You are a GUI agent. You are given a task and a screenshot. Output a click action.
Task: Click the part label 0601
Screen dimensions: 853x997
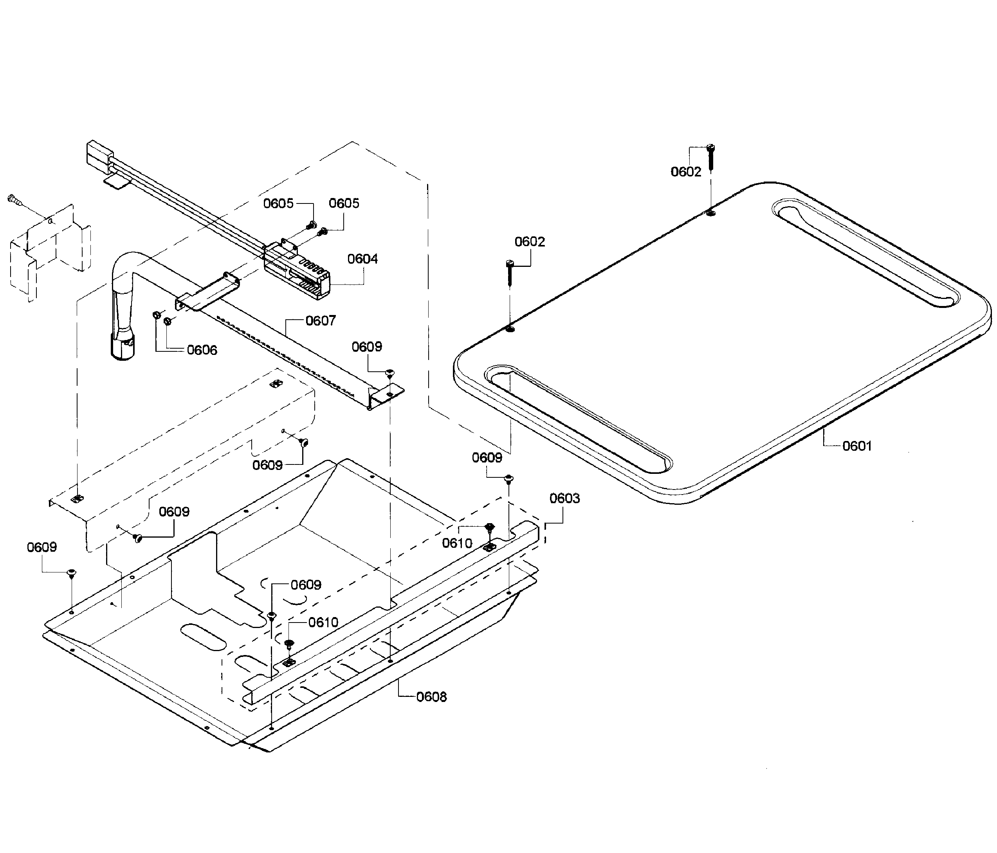point(857,446)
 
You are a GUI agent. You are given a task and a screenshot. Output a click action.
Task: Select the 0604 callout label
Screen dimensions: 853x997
point(362,259)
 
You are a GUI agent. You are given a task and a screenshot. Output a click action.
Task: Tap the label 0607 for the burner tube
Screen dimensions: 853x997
point(321,320)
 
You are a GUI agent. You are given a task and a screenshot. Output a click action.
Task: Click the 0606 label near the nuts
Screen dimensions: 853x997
point(202,350)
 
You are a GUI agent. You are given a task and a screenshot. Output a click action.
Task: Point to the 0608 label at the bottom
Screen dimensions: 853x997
point(431,696)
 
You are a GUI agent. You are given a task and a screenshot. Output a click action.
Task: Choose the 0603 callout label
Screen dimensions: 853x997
point(564,498)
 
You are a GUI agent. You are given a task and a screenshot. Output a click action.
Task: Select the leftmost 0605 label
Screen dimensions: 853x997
point(278,203)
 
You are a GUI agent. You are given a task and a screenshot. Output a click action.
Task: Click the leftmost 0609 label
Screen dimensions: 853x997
point(42,547)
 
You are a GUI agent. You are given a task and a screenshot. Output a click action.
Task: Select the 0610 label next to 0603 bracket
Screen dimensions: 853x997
point(457,543)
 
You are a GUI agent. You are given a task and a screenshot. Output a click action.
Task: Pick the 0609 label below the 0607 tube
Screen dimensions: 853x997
point(367,347)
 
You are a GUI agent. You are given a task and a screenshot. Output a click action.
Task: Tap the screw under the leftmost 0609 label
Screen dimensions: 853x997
point(71,572)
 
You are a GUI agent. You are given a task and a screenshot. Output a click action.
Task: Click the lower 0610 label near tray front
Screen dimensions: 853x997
point(323,623)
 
